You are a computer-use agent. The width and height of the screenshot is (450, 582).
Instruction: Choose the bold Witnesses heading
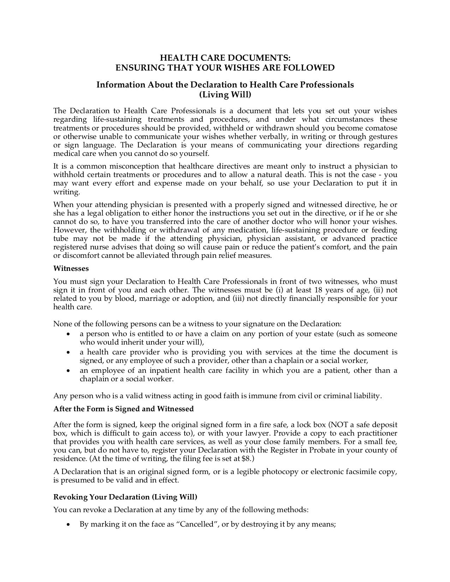[x=71, y=268]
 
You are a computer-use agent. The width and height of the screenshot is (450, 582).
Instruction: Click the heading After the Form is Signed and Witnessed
[x=124, y=409]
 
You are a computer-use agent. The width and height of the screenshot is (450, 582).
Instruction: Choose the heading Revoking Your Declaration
[x=125, y=497]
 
